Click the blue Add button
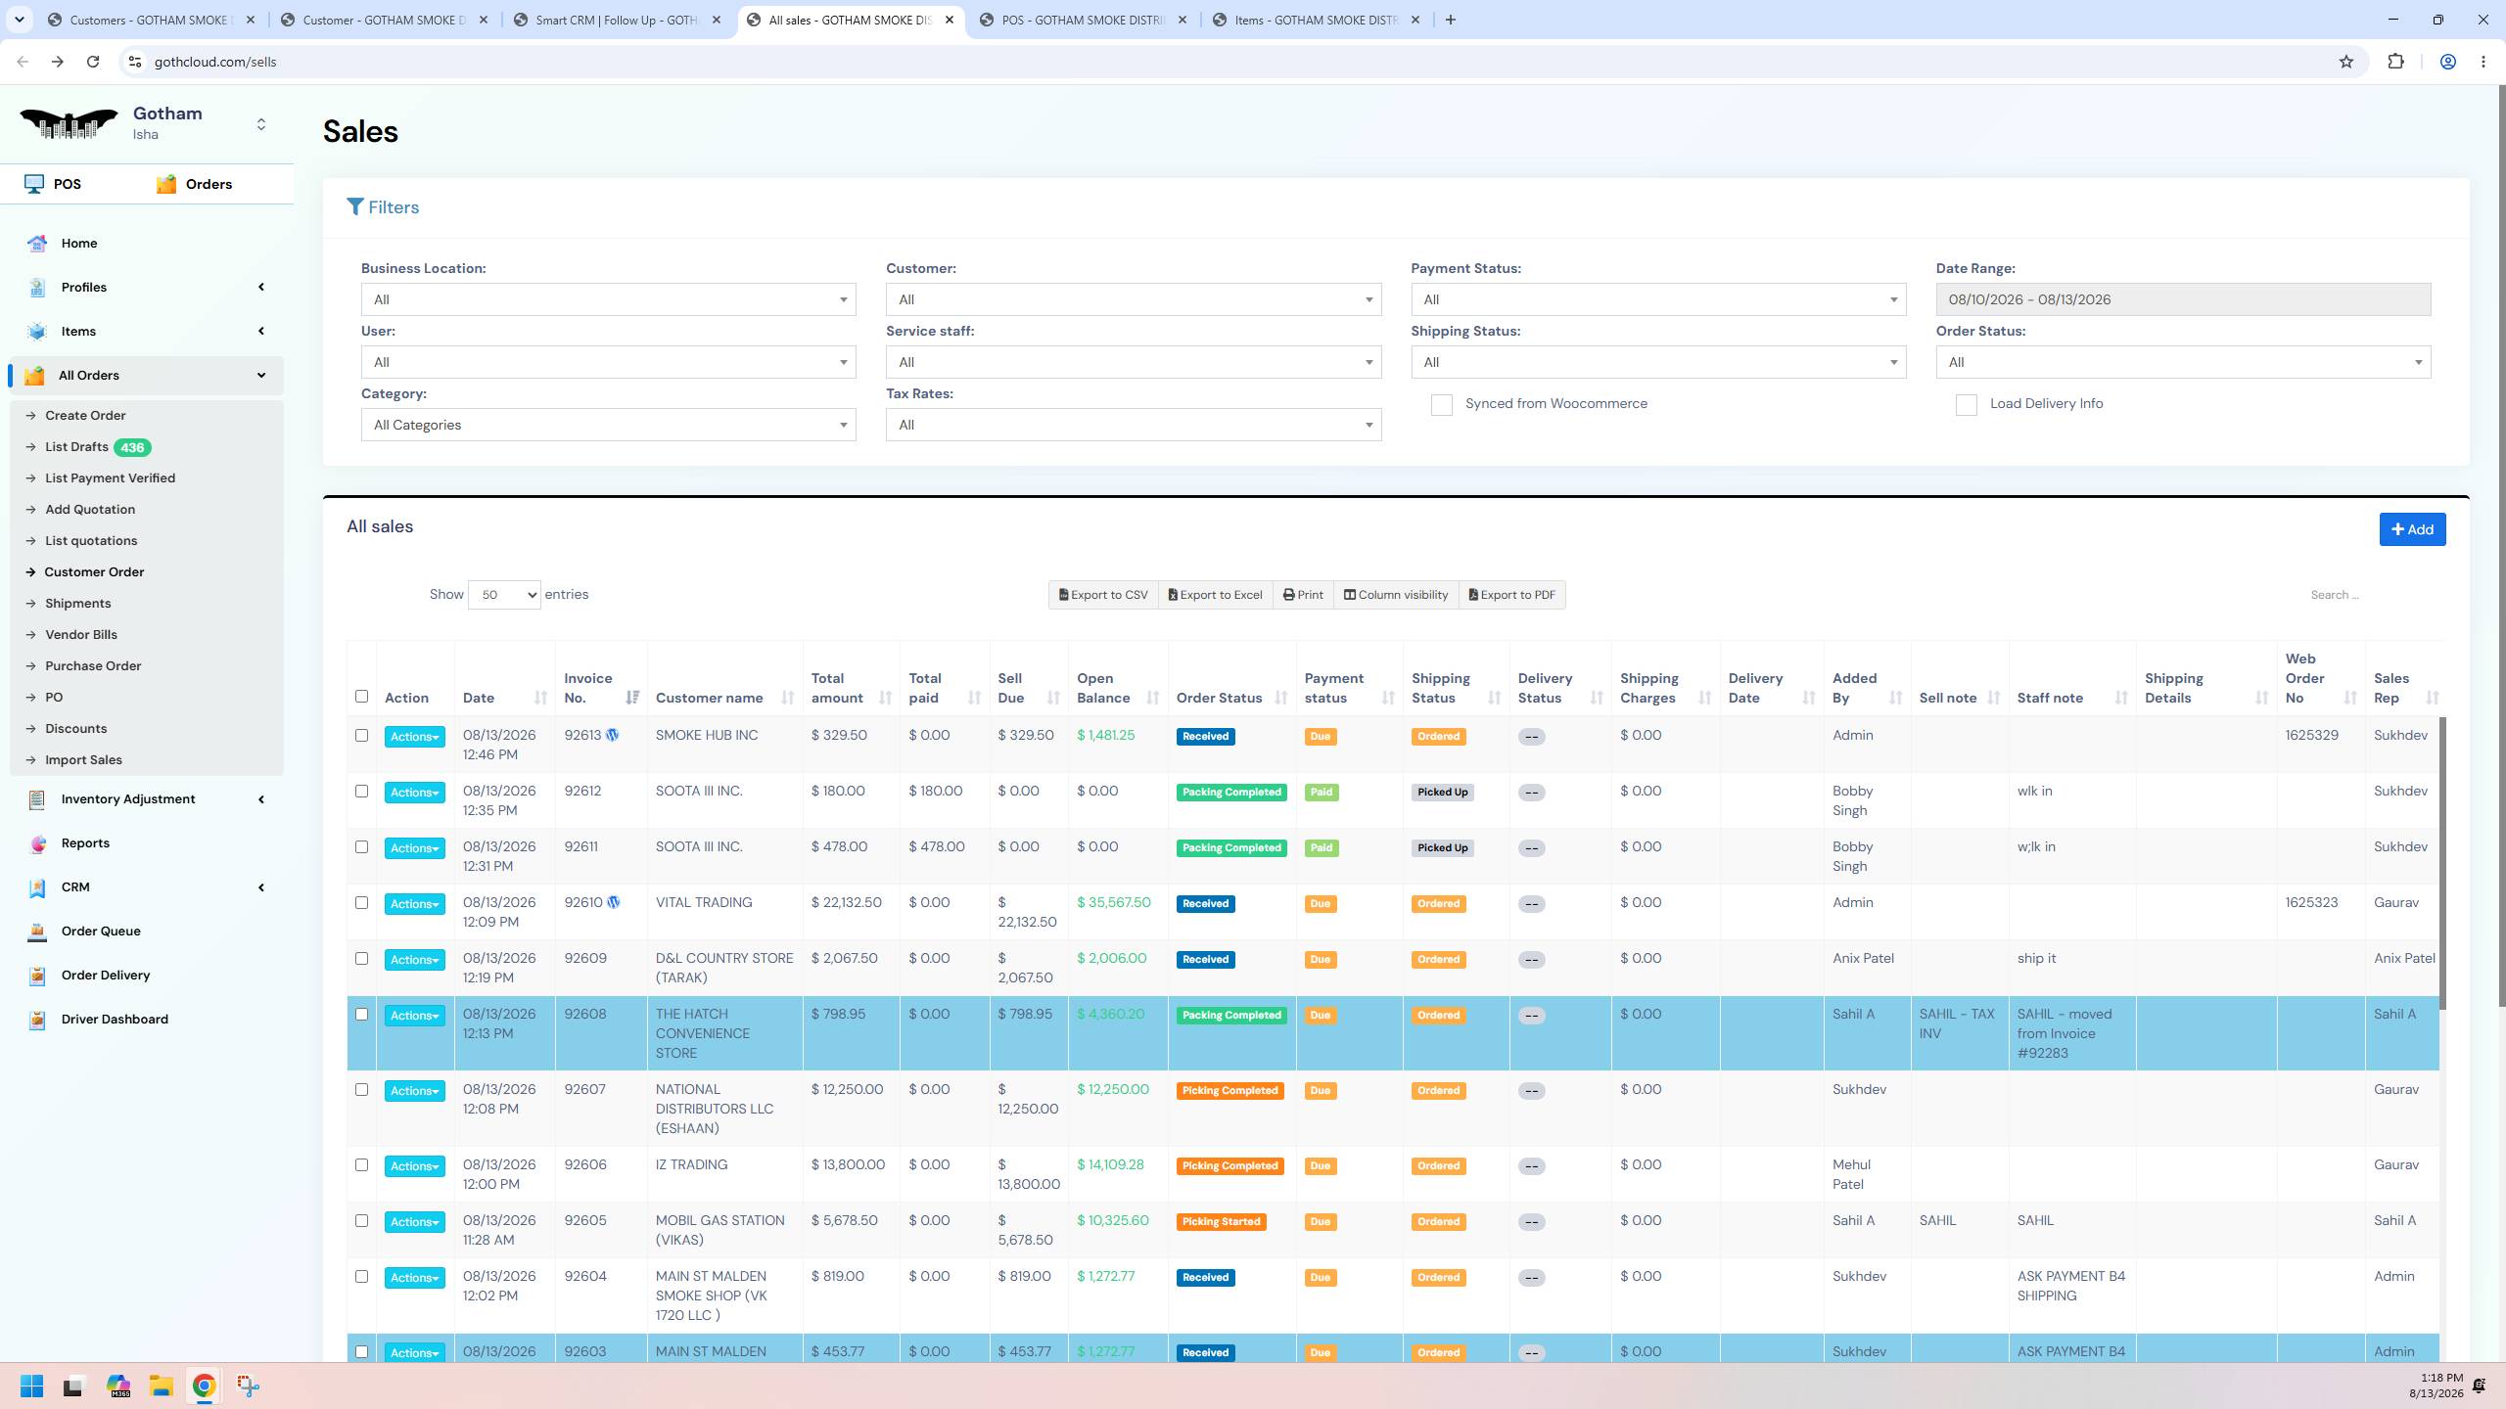(2412, 529)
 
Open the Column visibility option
(1396, 595)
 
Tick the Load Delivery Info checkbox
(1966, 405)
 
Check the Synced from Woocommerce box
(1441, 405)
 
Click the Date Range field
(2183, 299)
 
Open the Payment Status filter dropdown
(1658, 299)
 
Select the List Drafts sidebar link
(76, 447)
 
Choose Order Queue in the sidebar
(101, 931)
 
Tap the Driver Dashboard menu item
(115, 1019)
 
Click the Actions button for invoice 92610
(414, 904)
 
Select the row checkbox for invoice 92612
(361, 791)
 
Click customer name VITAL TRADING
(704, 902)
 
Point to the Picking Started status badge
(1221, 1222)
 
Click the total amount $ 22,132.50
(846, 902)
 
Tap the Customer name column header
(709, 698)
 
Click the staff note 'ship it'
(2036, 958)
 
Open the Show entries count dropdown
(504, 595)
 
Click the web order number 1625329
(2311, 735)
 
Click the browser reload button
(93, 62)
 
